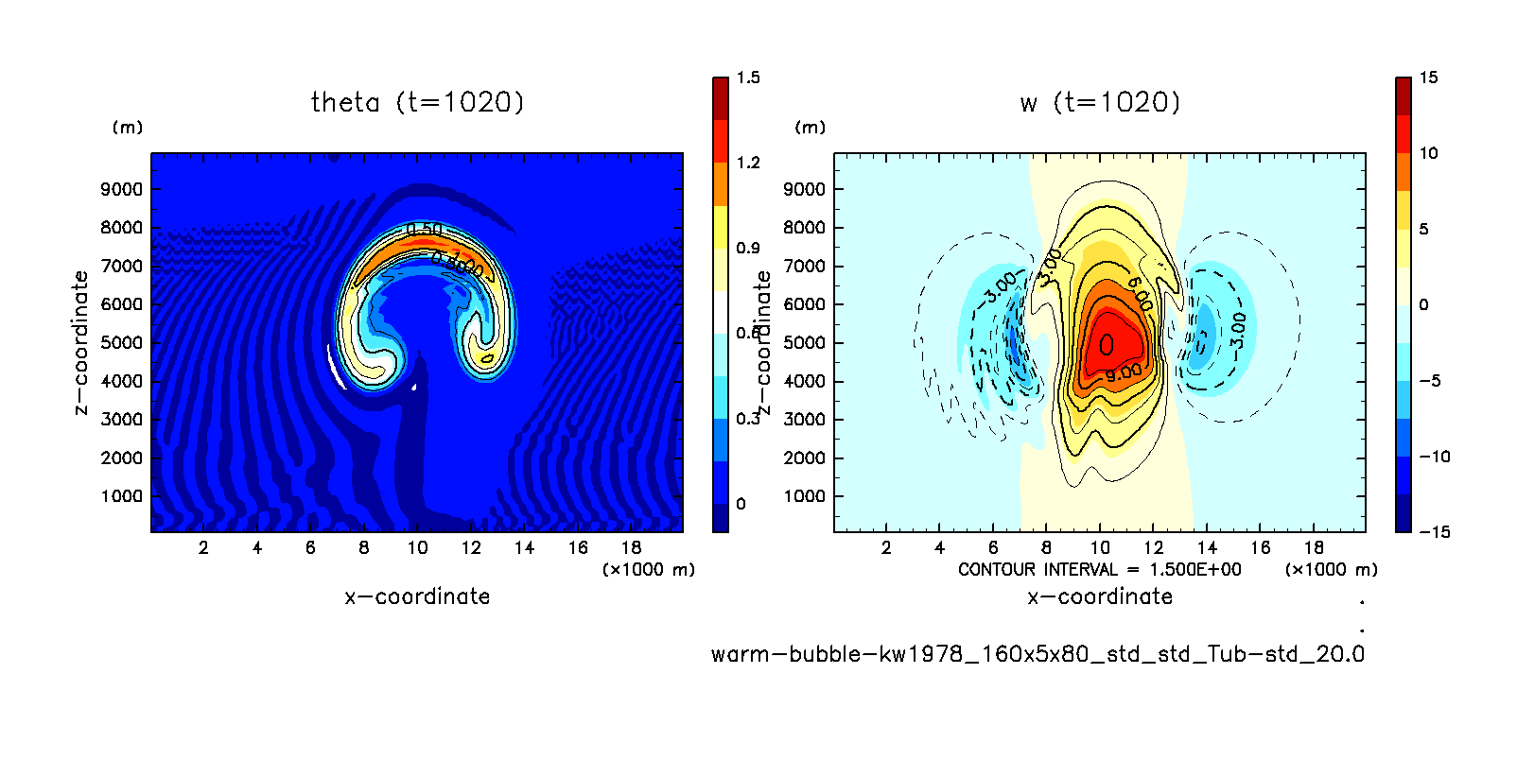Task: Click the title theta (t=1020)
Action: tap(417, 102)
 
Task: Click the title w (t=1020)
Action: tap(1100, 102)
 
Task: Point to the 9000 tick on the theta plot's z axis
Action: tap(122, 189)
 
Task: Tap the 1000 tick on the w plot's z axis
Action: tap(805, 496)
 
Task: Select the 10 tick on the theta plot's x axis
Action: tap(417, 547)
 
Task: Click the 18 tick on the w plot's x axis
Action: tap(1314, 547)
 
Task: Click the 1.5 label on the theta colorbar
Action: tap(748, 78)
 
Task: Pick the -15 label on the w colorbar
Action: tap(1434, 532)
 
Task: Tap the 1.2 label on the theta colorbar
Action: tap(748, 163)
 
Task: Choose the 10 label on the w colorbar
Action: tap(1428, 153)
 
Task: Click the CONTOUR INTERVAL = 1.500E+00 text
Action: tap(1100, 569)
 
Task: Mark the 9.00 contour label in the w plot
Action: tap(1124, 372)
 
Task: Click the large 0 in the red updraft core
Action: tap(1106, 345)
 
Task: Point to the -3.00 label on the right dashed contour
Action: tap(1238, 330)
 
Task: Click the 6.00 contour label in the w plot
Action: tap(1140, 294)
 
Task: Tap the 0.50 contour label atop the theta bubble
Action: tap(424, 230)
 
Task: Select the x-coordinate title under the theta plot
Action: tap(417, 596)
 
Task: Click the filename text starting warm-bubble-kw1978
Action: tap(1037, 654)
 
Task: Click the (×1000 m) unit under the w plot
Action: tap(1331, 569)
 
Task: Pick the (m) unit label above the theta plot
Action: tap(128, 128)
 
